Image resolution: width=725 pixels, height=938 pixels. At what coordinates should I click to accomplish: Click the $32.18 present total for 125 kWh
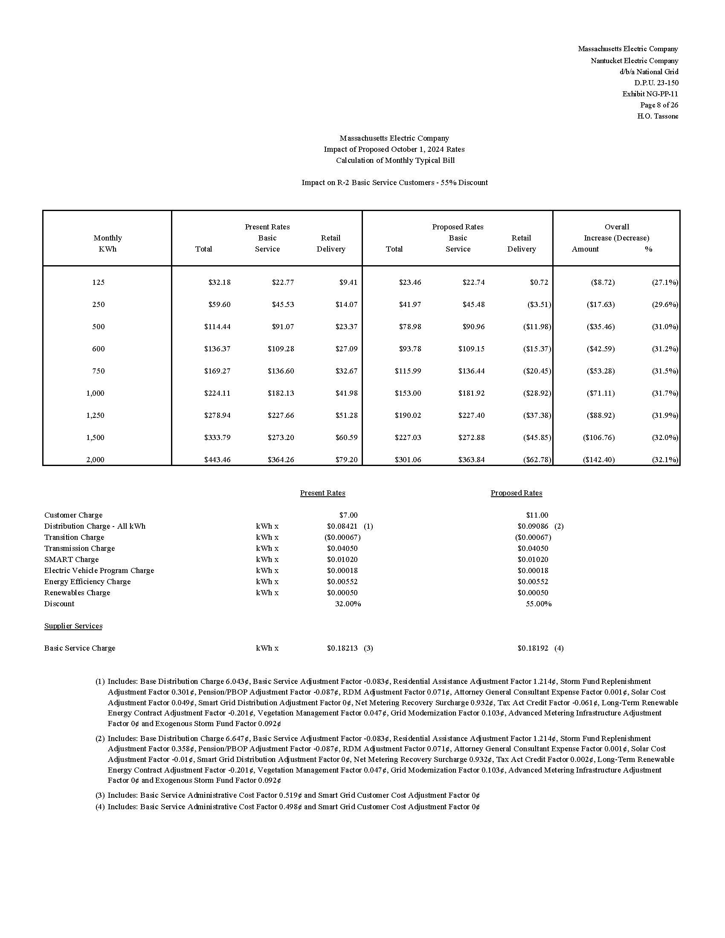(x=220, y=282)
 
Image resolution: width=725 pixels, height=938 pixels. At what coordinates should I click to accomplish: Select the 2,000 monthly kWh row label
(x=96, y=460)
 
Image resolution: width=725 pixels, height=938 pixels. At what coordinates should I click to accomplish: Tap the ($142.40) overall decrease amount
(x=599, y=460)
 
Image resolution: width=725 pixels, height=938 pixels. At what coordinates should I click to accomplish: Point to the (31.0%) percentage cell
(x=665, y=327)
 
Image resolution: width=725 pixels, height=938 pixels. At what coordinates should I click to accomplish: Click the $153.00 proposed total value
(x=408, y=393)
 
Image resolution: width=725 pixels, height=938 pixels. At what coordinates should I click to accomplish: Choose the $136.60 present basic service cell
(x=281, y=371)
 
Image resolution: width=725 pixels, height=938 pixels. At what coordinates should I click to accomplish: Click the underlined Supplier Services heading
(x=73, y=626)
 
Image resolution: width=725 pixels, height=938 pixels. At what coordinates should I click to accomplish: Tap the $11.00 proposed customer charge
(x=537, y=515)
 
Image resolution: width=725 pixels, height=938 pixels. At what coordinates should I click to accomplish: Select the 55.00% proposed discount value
(x=539, y=603)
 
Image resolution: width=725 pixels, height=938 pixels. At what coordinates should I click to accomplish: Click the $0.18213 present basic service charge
(x=342, y=648)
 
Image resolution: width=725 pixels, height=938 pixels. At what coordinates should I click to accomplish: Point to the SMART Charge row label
(x=71, y=559)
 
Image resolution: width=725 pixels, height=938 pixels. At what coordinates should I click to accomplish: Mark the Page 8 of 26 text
(x=659, y=105)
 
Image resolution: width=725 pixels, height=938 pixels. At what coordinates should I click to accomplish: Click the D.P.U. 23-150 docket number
(x=656, y=82)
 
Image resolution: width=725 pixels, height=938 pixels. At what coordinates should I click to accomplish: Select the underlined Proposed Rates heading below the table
(x=516, y=493)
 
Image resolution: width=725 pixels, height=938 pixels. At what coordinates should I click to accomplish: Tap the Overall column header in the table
(x=616, y=227)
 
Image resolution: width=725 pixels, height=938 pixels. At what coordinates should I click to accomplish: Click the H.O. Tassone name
(x=658, y=116)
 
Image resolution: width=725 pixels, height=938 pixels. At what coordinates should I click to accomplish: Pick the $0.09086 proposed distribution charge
(x=533, y=526)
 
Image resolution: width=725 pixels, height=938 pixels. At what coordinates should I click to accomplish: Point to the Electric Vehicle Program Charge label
(x=99, y=570)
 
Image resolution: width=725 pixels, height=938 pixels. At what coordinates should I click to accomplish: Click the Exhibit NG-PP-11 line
(x=650, y=94)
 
